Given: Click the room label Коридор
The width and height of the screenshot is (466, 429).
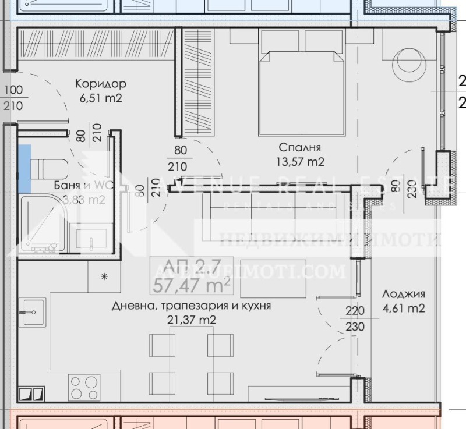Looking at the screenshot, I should pos(101,84).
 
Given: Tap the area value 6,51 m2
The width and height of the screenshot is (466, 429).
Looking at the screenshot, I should pos(101,98).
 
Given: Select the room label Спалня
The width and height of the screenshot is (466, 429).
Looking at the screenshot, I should pos(300,147).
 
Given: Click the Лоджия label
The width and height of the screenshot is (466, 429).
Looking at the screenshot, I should pos(403,294).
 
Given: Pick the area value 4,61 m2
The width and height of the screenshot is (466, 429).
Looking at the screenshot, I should pos(403,309).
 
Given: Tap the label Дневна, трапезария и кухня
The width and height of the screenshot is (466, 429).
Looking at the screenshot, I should pos(192,305).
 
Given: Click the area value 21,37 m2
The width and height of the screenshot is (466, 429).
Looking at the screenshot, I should pos(192,320).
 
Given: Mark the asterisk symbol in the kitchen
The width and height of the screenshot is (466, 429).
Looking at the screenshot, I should pos(105,276).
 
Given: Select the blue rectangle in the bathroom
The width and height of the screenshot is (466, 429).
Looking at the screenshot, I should pos(24,169).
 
